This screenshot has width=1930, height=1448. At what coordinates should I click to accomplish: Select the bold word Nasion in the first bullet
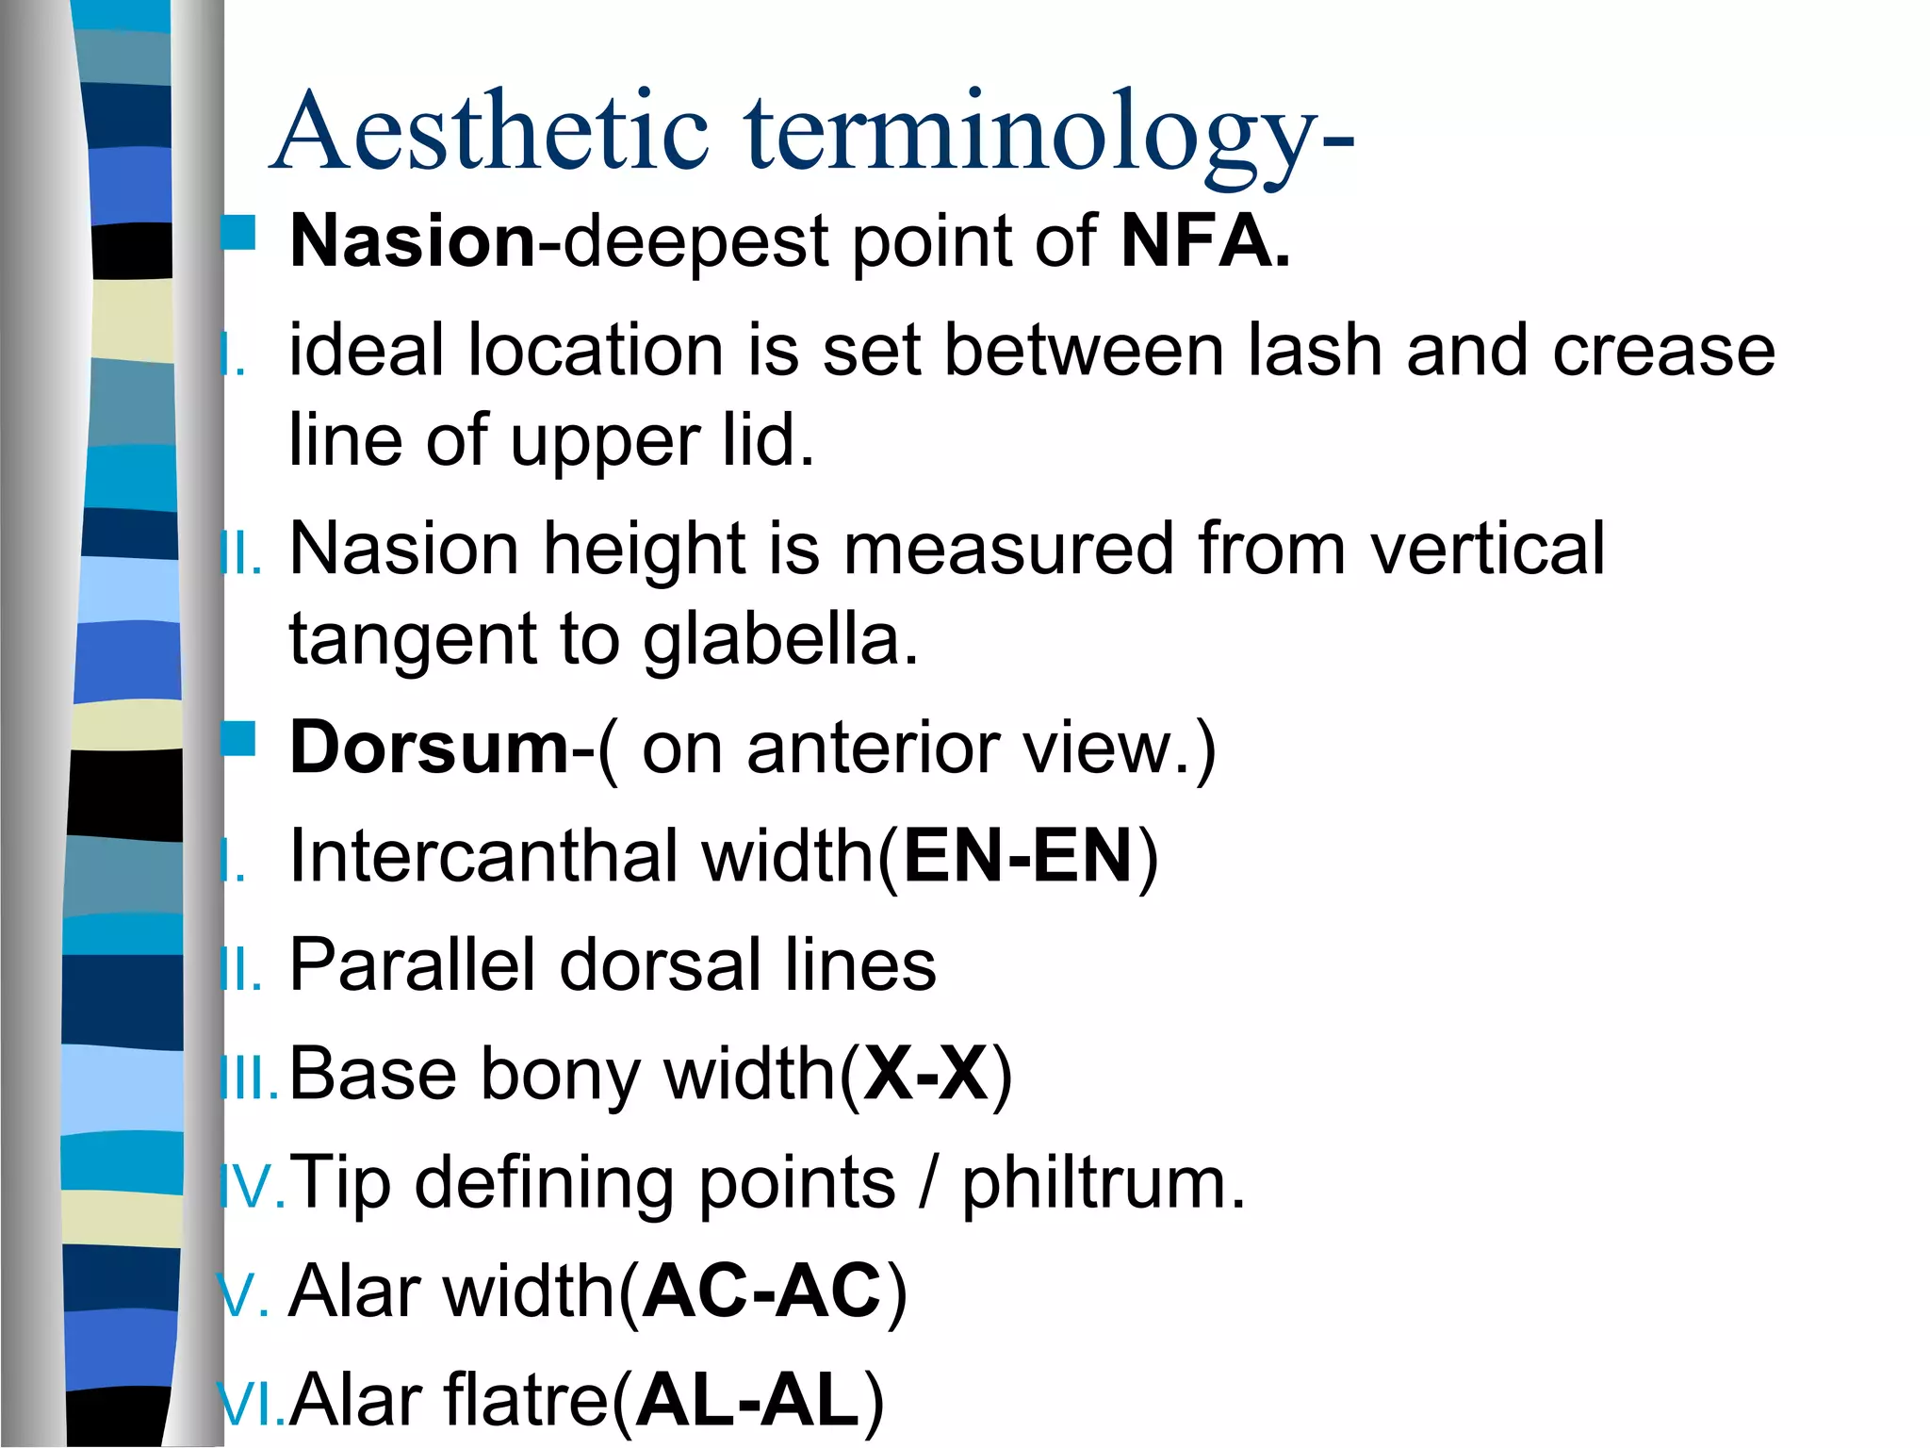413,241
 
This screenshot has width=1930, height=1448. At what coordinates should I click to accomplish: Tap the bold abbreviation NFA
1204,241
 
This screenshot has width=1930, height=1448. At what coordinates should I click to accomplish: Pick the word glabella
780,639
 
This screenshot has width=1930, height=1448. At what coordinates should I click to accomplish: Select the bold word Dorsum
430,749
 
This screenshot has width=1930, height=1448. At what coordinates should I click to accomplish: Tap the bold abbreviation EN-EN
1018,856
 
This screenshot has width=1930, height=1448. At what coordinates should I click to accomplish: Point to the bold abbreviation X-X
925,1075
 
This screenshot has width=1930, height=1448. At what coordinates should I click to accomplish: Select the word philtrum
1103,1183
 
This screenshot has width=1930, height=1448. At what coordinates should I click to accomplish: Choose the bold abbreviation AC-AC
763,1292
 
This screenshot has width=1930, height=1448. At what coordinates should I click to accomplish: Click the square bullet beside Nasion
238,232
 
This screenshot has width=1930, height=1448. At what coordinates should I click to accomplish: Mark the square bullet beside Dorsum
238,739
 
